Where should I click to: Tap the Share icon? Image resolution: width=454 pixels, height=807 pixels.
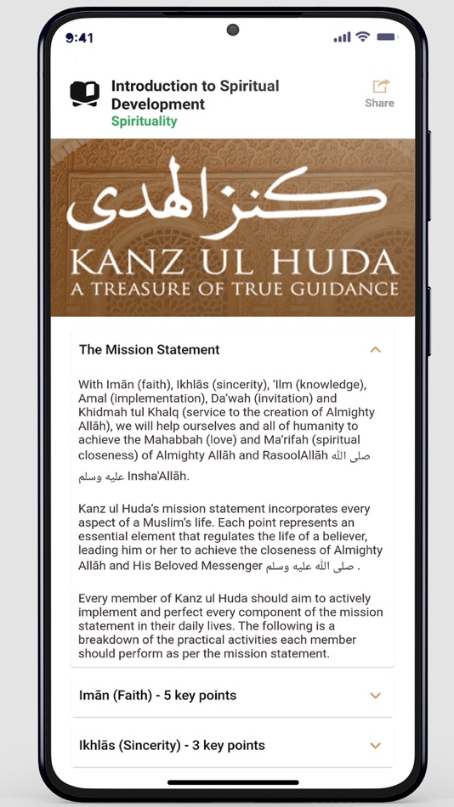point(380,87)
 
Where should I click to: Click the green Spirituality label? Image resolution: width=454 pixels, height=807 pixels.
point(144,121)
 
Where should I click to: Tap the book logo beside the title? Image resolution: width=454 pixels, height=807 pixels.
point(84,93)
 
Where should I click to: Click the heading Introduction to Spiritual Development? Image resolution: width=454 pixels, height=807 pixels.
point(195,94)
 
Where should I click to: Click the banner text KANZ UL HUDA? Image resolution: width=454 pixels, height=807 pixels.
point(232,260)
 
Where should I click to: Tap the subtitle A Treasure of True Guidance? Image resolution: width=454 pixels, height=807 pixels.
point(232,288)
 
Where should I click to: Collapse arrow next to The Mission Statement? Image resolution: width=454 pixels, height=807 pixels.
point(375,349)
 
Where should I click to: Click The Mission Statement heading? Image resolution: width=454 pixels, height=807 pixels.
point(149,349)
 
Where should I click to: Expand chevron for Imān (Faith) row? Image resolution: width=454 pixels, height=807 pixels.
point(375,696)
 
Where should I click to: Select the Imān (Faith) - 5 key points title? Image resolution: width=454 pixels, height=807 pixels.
point(157,696)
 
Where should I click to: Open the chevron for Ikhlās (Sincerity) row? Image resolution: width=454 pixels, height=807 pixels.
point(375,746)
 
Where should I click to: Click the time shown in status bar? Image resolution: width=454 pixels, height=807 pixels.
point(80,38)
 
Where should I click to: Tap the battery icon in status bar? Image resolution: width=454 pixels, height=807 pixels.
point(387,37)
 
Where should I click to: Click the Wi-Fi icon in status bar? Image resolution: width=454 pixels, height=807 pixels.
point(363,37)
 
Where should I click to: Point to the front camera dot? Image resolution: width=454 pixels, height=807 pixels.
point(232,30)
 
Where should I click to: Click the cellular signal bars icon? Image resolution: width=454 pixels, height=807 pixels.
point(342,37)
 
